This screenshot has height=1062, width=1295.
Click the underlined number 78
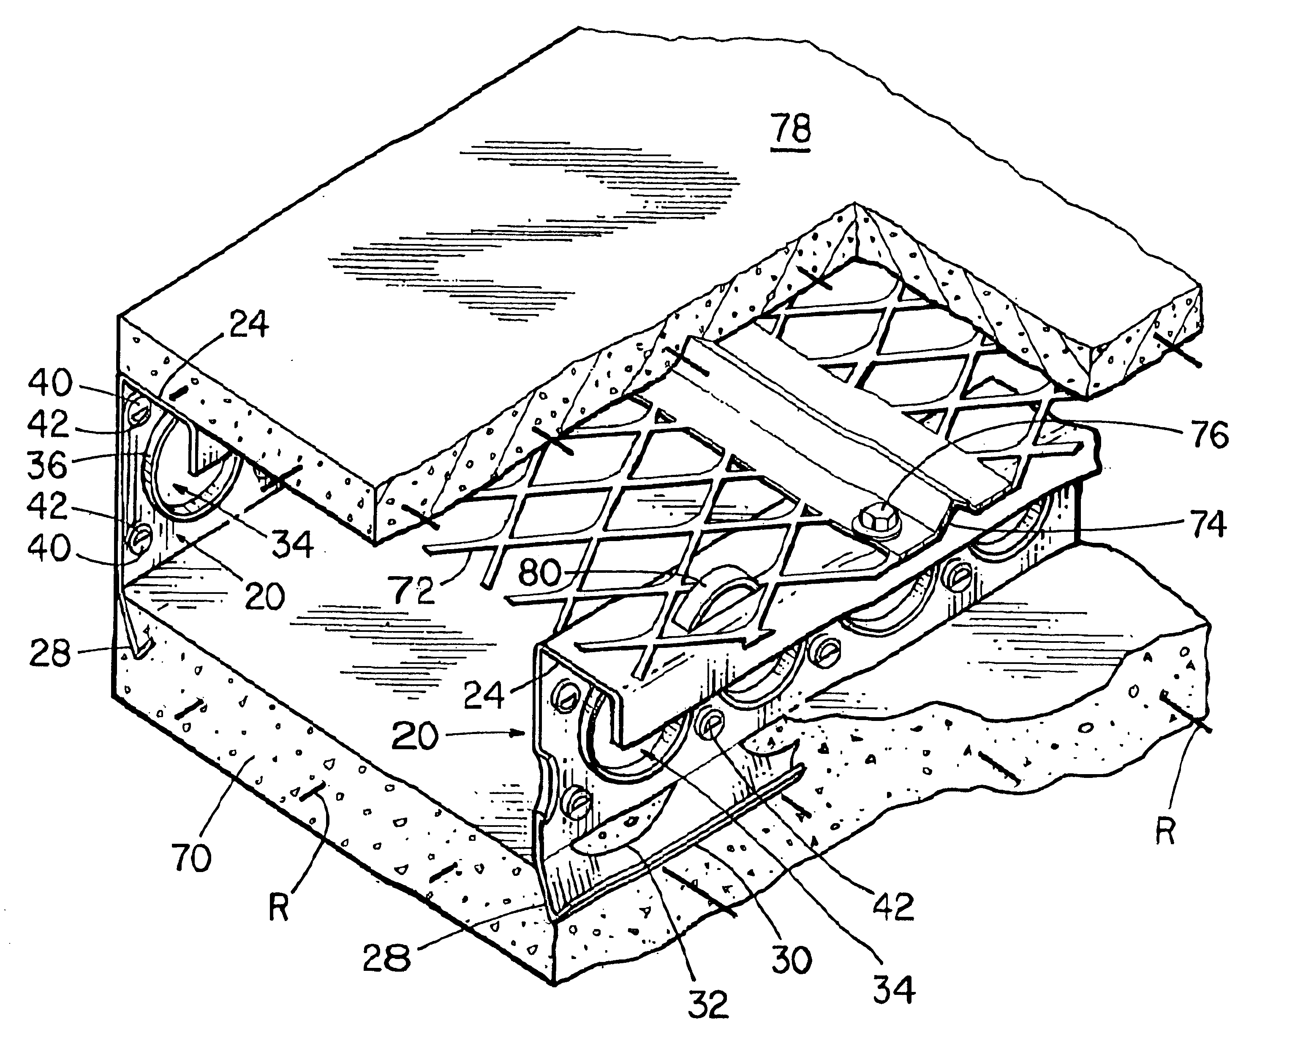[x=792, y=130]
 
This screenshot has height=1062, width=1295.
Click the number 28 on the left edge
[x=50, y=654]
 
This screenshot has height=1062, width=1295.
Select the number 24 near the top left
[x=248, y=324]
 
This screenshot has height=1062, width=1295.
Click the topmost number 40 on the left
[x=50, y=382]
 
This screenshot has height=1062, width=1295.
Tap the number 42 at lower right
[x=893, y=905]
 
